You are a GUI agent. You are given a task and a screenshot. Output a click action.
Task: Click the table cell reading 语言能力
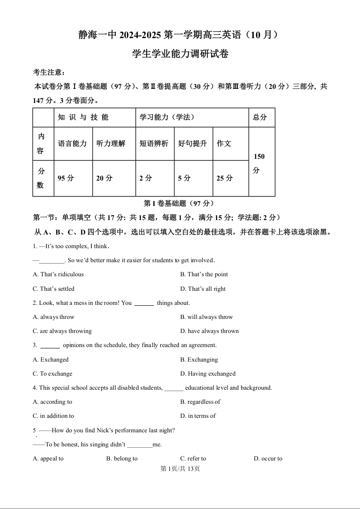click(x=73, y=143)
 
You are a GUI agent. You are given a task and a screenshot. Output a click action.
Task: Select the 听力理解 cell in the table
click(x=111, y=143)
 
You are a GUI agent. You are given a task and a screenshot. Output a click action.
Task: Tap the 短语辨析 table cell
click(x=154, y=143)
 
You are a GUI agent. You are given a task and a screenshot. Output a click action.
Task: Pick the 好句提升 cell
click(x=193, y=143)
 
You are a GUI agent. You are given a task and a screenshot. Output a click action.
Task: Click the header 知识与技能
click(x=84, y=117)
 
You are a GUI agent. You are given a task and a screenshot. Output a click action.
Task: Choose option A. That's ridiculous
click(x=59, y=274)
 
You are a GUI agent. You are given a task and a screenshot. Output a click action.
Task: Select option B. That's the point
click(x=204, y=274)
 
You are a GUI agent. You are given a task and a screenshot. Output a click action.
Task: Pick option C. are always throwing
click(x=62, y=331)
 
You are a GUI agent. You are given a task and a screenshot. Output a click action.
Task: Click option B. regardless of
click(x=200, y=402)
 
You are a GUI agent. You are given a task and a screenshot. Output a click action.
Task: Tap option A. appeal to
click(x=48, y=459)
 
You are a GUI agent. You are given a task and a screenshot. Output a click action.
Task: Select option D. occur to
click(x=268, y=459)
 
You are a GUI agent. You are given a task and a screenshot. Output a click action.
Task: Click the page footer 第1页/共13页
click(x=180, y=469)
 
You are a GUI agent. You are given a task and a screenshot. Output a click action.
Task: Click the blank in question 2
click(x=144, y=303)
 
